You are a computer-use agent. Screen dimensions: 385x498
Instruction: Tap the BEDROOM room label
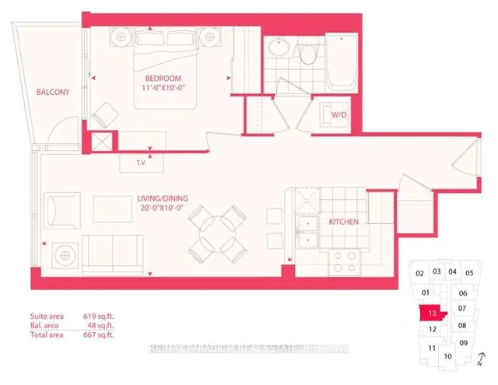pyautogui.click(x=163, y=79)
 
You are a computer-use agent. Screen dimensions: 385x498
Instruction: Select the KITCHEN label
pyautogui.click(x=343, y=222)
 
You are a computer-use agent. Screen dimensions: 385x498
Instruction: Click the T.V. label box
pyautogui.click(x=141, y=163)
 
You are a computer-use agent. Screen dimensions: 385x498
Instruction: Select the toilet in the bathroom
pyautogui.click(x=309, y=53)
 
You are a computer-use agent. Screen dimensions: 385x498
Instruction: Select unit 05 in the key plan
pyautogui.click(x=469, y=273)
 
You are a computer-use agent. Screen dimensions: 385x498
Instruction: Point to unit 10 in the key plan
pyautogui.click(x=447, y=356)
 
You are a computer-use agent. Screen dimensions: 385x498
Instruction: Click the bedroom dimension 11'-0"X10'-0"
pyautogui.click(x=163, y=89)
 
